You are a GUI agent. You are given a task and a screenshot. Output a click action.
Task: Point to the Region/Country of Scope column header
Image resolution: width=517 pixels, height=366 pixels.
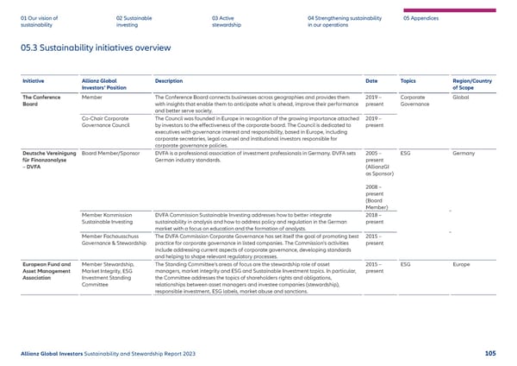(472, 85)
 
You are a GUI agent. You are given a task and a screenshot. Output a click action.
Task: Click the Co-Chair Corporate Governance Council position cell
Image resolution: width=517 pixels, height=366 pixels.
(105, 122)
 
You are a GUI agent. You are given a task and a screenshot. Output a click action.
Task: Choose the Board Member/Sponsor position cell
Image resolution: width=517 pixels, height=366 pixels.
(113, 152)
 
